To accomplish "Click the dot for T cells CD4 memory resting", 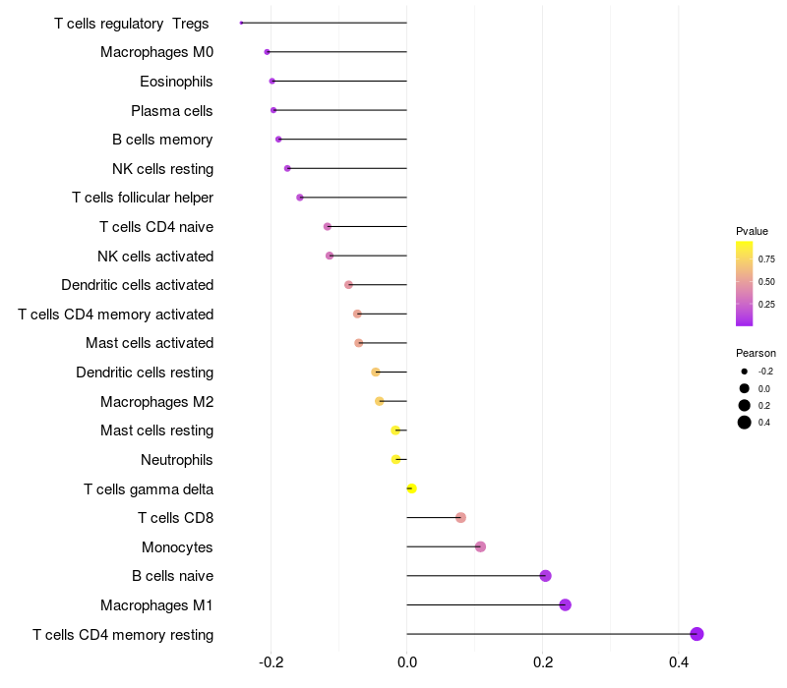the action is point(696,634).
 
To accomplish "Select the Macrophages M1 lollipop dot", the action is point(565,604).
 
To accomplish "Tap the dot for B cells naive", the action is point(546,576).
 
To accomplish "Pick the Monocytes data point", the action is point(480,546).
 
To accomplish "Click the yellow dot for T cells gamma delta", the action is point(411,488).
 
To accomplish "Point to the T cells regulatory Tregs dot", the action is point(241,23).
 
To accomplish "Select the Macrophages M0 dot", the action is point(267,52).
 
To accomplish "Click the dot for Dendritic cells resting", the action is point(376,373).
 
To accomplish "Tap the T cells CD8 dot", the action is point(460,518).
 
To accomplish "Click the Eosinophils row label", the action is point(176,82).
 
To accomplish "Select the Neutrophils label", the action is point(177,460).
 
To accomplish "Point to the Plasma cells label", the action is point(171,111).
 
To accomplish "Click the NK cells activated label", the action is point(155,257).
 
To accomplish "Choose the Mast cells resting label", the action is point(157,430).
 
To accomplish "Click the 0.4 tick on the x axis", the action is point(679,662).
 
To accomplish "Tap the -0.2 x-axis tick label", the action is point(272,662).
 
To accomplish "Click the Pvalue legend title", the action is point(752,231).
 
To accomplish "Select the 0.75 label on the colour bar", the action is point(766,259).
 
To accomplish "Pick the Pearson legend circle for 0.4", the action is point(745,423).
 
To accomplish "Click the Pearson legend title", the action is point(756,353).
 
